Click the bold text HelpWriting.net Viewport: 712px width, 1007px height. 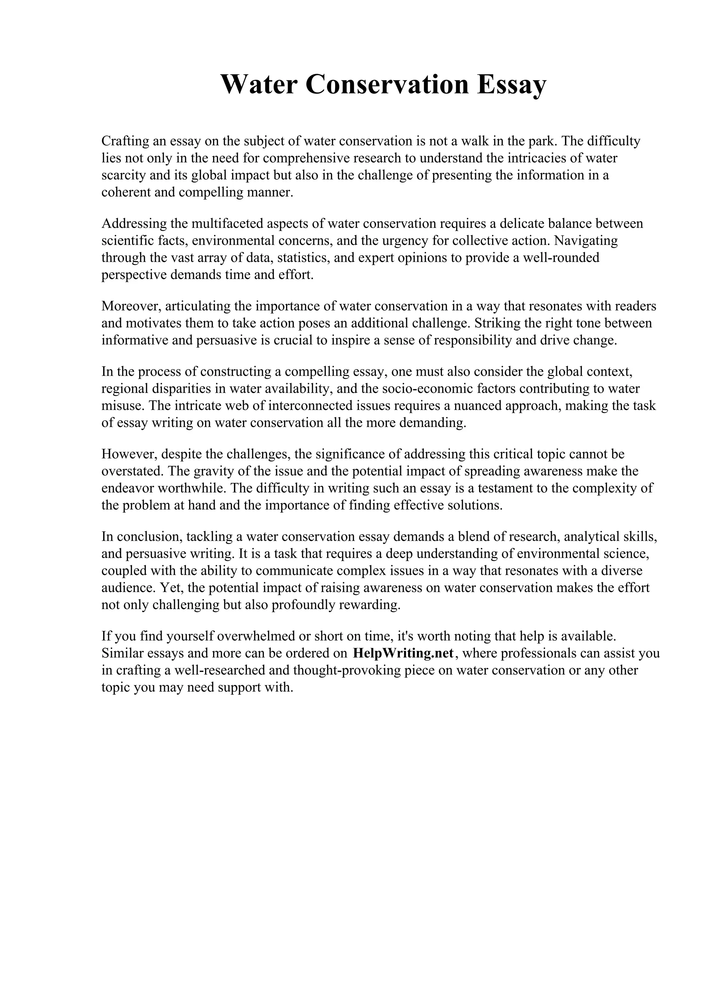(x=403, y=654)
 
